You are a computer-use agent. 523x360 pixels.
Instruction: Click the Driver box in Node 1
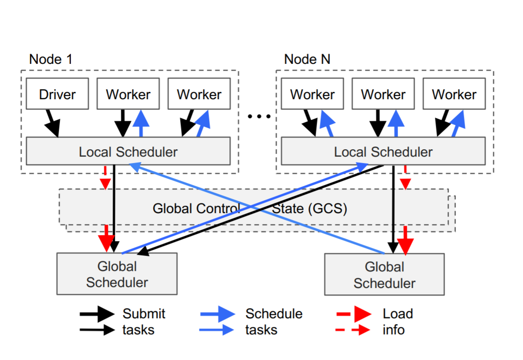click(57, 94)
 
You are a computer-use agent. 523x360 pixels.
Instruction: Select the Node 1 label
click(51, 59)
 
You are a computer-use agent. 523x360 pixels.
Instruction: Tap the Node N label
click(307, 59)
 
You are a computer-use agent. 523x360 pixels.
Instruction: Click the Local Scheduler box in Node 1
click(128, 152)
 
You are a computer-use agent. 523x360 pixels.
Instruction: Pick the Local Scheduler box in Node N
click(383, 152)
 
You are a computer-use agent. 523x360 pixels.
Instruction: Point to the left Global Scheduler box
click(117, 274)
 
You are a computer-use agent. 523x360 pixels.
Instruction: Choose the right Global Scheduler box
click(384, 275)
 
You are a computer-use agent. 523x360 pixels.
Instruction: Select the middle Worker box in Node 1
click(128, 94)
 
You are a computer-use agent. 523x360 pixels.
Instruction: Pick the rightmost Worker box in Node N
click(454, 94)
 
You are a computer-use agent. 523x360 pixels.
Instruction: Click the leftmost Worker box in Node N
click(313, 94)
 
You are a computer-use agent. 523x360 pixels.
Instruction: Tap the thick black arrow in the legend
click(97, 314)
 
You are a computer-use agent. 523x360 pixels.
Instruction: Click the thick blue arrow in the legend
click(218, 314)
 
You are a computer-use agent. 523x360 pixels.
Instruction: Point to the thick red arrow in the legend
click(354, 314)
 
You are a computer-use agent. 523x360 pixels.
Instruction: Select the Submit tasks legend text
click(143, 321)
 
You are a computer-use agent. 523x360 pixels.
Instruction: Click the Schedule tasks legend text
click(273, 321)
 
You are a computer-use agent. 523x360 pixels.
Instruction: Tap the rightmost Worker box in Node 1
click(199, 94)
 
